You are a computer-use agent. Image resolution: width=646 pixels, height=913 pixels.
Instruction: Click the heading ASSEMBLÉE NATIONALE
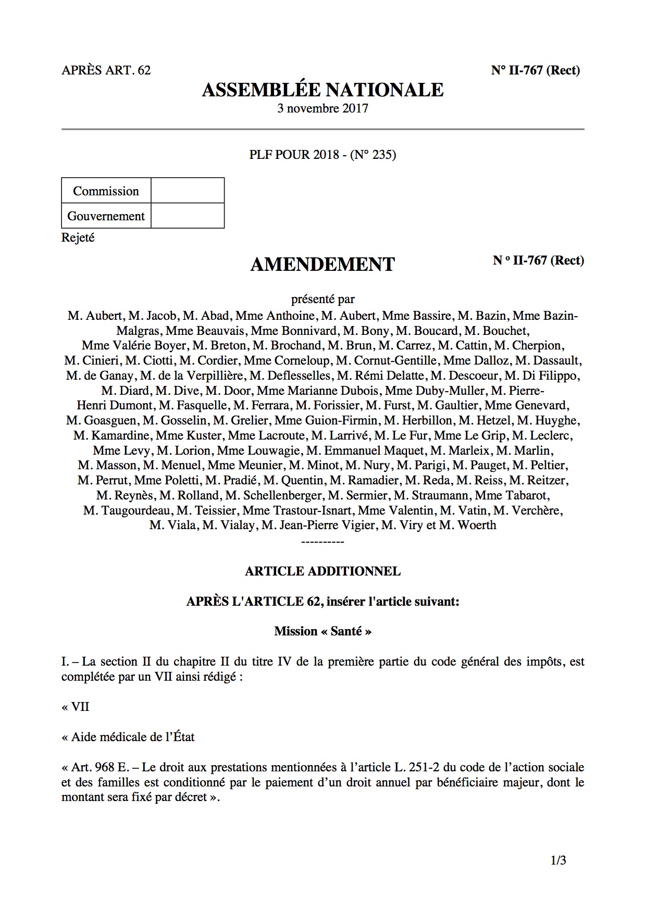[322, 90]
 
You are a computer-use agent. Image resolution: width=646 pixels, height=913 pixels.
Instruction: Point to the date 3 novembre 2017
[322, 108]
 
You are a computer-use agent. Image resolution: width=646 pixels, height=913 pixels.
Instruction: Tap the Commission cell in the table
[106, 191]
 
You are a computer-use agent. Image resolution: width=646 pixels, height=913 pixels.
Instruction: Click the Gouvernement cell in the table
[106, 216]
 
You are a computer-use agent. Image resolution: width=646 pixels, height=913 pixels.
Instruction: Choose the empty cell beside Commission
[188, 191]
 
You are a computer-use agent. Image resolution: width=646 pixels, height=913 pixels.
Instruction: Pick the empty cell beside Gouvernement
[188, 216]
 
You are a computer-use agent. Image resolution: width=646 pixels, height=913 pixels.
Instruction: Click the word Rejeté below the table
[78, 238]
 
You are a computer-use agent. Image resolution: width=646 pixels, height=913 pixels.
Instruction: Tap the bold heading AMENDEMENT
[322, 265]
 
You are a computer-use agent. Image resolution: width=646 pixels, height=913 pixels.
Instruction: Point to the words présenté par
[322, 299]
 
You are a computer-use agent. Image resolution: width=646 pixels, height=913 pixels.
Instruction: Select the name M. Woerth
[468, 525]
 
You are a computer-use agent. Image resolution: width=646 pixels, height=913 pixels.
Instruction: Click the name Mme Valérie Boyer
[134, 345]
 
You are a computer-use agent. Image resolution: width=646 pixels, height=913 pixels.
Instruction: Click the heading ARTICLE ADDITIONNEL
[322, 571]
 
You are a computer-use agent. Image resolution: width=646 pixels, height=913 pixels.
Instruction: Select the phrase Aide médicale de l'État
[133, 737]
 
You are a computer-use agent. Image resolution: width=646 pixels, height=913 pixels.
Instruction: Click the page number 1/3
[558, 861]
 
